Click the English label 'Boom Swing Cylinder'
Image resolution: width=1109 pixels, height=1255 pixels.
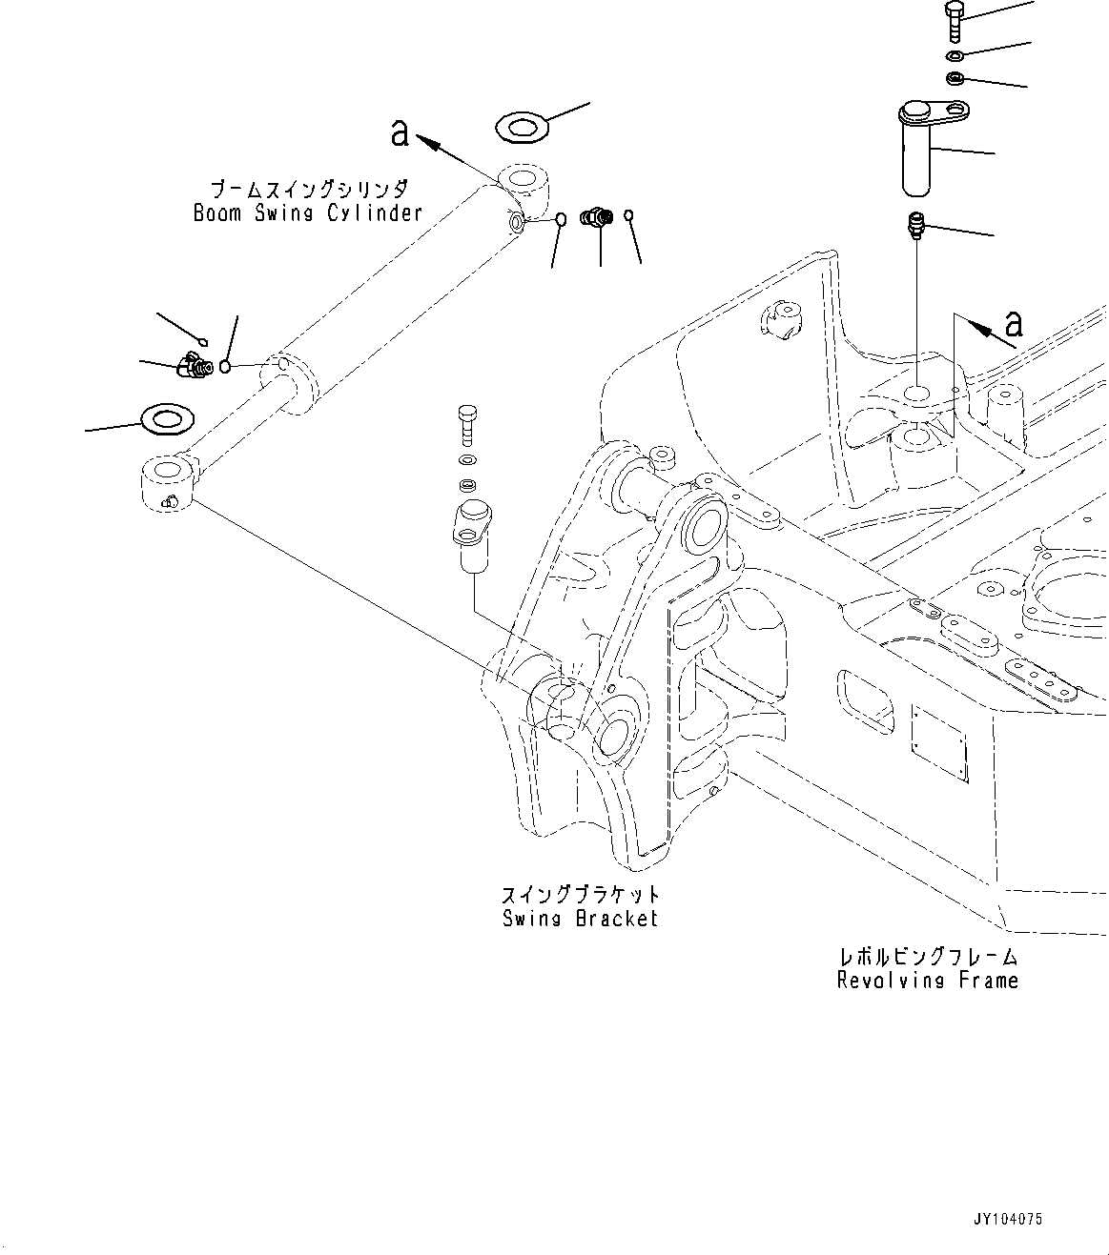[x=307, y=213]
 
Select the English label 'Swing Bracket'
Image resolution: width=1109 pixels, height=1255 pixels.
[x=580, y=919]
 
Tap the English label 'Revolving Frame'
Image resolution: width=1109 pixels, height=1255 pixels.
[x=927, y=981]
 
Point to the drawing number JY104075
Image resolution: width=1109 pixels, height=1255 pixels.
[x=1008, y=1219]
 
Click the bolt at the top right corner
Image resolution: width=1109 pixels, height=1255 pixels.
[x=955, y=20]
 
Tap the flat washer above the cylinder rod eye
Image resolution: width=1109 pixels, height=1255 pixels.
[x=167, y=417]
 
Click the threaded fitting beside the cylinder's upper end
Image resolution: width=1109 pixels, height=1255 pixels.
[x=598, y=218]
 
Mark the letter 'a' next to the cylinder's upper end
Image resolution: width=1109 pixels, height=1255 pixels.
[x=400, y=132]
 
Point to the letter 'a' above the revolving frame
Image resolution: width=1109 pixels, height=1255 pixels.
[x=1014, y=323]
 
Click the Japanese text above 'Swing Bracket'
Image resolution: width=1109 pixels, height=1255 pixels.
[x=580, y=895]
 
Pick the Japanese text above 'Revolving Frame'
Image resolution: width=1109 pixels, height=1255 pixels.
[x=927, y=957]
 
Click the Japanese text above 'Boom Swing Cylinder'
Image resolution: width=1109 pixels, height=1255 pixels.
[x=307, y=189]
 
